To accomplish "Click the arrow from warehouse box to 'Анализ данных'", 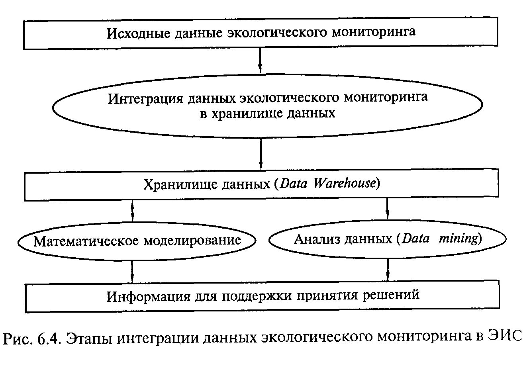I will click(387, 209).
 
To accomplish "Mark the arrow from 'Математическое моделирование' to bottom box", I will click(132, 271).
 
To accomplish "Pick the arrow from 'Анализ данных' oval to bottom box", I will click(387, 270).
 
